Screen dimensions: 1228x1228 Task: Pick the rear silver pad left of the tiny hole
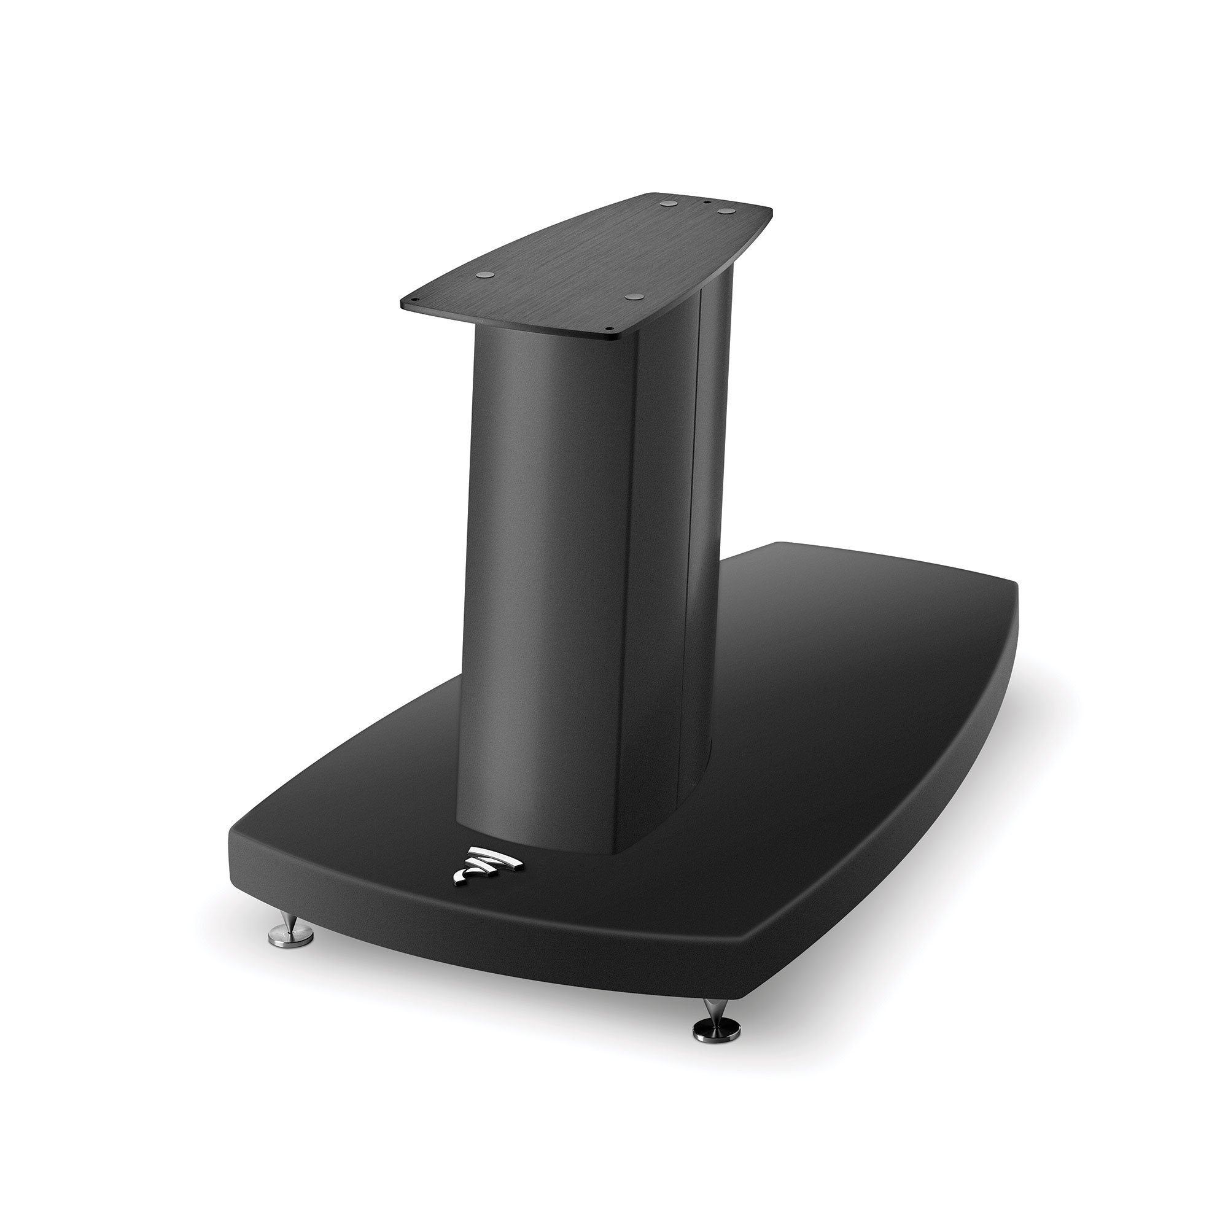[669, 204]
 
